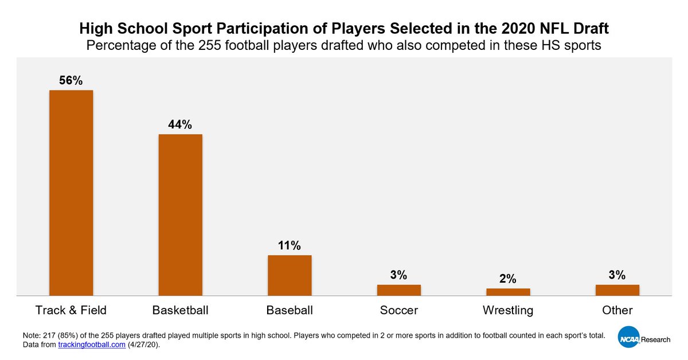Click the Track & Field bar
pos(71,193)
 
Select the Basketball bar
pos(180,215)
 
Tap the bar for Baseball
pos(290,275)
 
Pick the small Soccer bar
pos(398,290)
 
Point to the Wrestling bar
pos(508,292)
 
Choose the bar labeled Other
pos(617,290)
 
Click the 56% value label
pos(71,81)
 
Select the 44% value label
pos(180,124)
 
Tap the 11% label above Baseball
pos(290,245)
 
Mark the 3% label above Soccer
pos(398,275)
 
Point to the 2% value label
pos(508,279)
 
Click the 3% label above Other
pos(617,275)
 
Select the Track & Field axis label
pos(71,311)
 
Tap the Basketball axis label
pos(180,311)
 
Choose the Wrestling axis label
pos(508,311)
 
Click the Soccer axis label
pos(398,311)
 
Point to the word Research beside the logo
pos(655,339)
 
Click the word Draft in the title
pos(589,28)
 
